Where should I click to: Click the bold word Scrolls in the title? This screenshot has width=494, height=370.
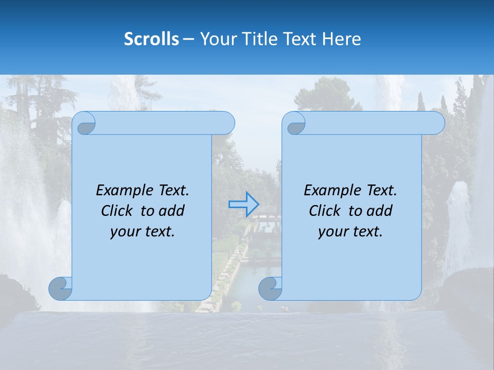pos(152,39)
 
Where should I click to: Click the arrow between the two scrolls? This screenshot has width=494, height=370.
pos(243,205)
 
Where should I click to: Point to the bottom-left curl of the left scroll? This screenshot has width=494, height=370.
pos(61,289)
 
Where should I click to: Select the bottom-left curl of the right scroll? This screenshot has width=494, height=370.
pos(270,289)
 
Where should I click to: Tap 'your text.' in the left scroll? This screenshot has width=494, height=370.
pos(143,232)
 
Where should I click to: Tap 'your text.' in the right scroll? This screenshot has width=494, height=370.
pos(350,232)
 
